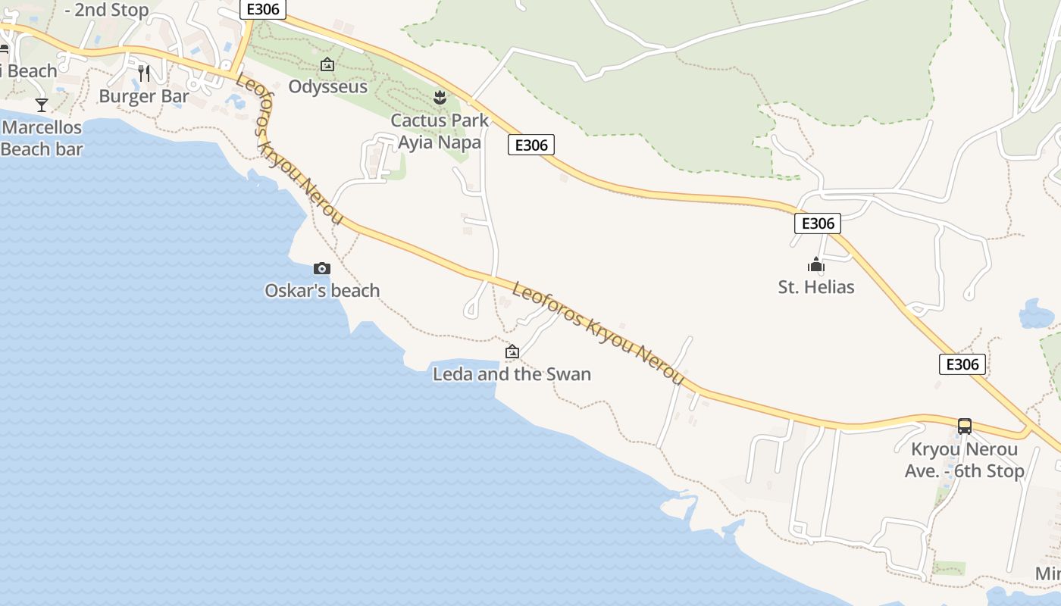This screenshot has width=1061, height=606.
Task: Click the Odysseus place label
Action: [x=327, y=86]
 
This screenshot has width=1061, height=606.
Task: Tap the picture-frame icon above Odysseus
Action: [x=327, y=65]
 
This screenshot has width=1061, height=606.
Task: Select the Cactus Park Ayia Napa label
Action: [x=440, y=131]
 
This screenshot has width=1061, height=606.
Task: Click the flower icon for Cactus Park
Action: [x=440, y=97]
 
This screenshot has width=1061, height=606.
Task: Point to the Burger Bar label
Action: [x=144, y=96]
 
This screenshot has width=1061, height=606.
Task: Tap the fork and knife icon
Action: [x=144, y=73]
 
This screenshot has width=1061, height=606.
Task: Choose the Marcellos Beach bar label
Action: [x=42, y=138]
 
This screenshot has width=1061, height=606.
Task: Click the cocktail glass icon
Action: [x=42, y=105]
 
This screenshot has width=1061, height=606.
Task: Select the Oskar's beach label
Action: [x=322, y=290]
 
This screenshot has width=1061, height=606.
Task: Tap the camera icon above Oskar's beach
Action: [x=322, y=268]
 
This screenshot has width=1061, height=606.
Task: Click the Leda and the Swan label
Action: [x=512, y=373]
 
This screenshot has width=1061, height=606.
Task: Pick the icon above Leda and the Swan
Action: [x=512, y=351]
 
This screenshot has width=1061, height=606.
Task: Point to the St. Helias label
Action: [x=816, y=287]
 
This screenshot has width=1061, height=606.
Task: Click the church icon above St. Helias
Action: [x=816, y=265]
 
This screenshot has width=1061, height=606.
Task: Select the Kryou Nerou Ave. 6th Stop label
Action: [x=964, y=460]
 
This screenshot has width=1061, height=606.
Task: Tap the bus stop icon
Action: [x=964, y=426]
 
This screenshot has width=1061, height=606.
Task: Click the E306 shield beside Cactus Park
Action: [x=531, y=145]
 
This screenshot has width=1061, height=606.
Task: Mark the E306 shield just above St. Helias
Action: [x=818, y=223]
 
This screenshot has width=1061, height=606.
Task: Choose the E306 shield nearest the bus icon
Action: [x=963, y=364]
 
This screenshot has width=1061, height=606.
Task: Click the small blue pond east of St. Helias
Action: [x=1037, y=313]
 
